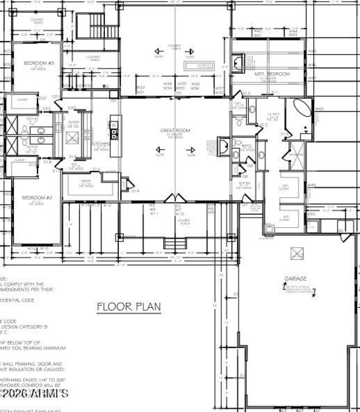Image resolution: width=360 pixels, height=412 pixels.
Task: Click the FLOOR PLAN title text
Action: point(129,307)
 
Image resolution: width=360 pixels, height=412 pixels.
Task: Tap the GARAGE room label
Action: point(295,278)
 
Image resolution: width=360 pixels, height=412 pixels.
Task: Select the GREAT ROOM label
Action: point(175,131)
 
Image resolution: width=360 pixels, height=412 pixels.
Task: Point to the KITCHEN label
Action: point(101,144)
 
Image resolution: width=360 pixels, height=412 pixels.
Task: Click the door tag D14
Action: point(136,191)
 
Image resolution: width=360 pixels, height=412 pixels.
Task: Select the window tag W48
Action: point(319,109)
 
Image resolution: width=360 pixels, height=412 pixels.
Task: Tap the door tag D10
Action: point(246,94)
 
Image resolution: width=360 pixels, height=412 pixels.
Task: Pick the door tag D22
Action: point(42,98)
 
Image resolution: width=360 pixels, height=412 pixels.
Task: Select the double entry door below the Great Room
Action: point(176,198)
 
